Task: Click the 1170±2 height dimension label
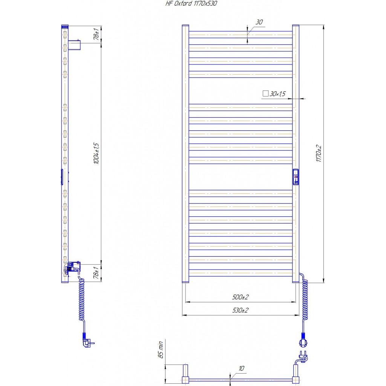tap(319, 153)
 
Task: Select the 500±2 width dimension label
tap(240, 297)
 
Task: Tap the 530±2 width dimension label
tap(240, 310)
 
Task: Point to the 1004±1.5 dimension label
tap(96, 153)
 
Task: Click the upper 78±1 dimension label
tap(96, 34)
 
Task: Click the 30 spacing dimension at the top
tap(259, 22)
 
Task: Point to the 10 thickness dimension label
tap(242, 368)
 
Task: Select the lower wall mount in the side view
tap(73, 267)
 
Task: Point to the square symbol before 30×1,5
tap(265, 93)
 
